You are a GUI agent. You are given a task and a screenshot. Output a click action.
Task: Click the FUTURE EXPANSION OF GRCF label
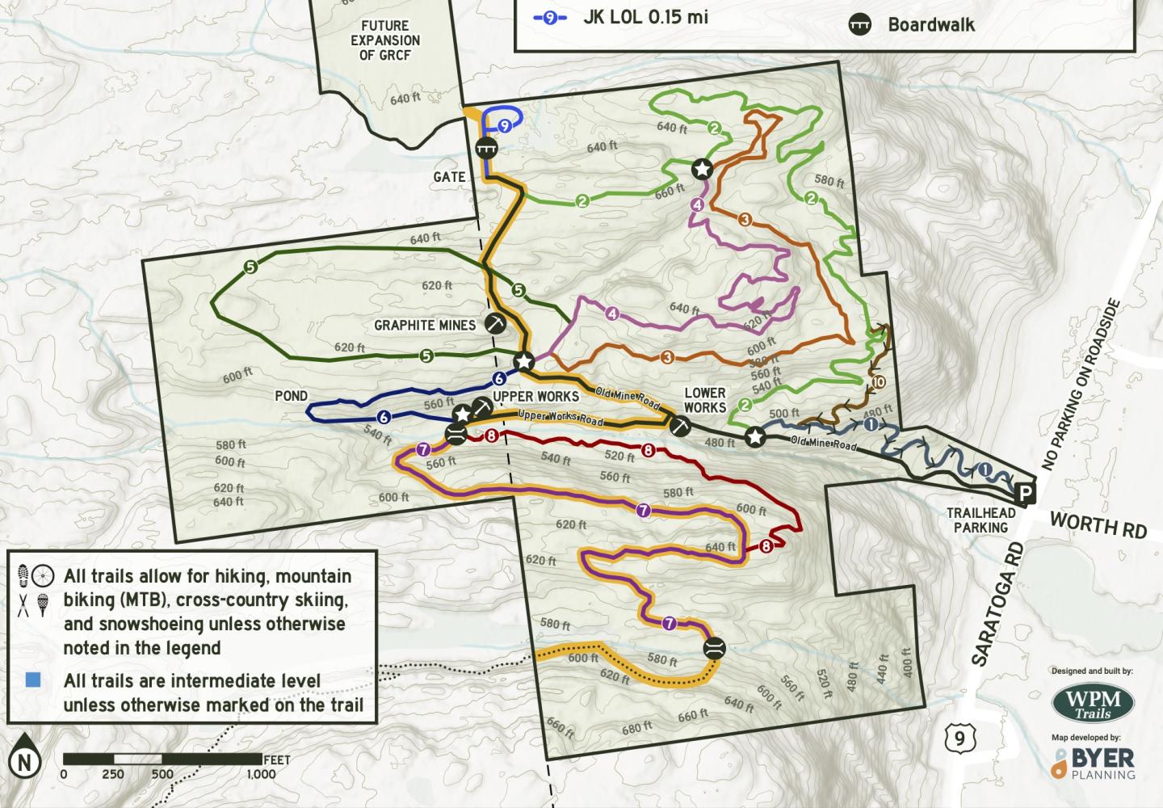[390, 40]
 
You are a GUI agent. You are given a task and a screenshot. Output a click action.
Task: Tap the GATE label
[449, 177]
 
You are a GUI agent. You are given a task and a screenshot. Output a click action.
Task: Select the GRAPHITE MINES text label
[425, 326]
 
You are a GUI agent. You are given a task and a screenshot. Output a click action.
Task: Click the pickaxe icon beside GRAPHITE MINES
[494, 323]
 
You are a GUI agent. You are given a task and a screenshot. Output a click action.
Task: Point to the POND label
[291, 396]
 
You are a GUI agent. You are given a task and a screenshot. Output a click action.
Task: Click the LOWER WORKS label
[705, 400]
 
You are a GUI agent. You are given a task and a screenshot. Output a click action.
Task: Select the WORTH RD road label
[1098, 527]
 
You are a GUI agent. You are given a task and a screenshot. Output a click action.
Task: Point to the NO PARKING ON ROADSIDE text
[1082, 385]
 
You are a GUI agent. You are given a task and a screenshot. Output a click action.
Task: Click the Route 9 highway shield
[959, 736]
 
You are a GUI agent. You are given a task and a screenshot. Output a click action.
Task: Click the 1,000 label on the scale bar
[261, 774]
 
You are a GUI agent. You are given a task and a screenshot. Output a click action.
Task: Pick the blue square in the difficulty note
[33, 680]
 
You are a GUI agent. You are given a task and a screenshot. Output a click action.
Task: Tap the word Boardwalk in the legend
[931, 24]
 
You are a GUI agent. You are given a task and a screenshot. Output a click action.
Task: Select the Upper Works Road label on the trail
[561, 418]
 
